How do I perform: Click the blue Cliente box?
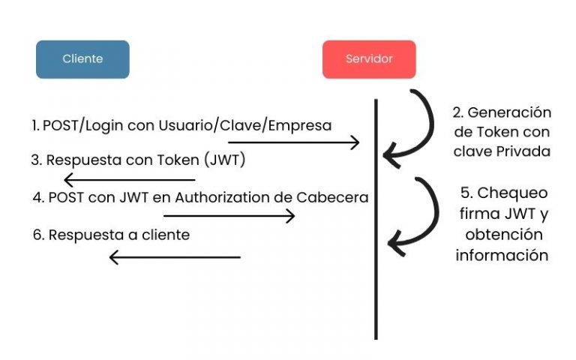pos(82,59)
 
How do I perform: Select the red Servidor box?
pos(369,59)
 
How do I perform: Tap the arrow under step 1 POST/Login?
pos(294,142)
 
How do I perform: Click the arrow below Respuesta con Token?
pos(129,180)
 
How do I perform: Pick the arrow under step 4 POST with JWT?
pos(229,216)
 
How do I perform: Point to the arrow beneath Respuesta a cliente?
pos(175,257)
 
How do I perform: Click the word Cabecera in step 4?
pos(339,198)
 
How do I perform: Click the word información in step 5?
pos(502,255)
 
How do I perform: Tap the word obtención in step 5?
pos(502,235)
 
